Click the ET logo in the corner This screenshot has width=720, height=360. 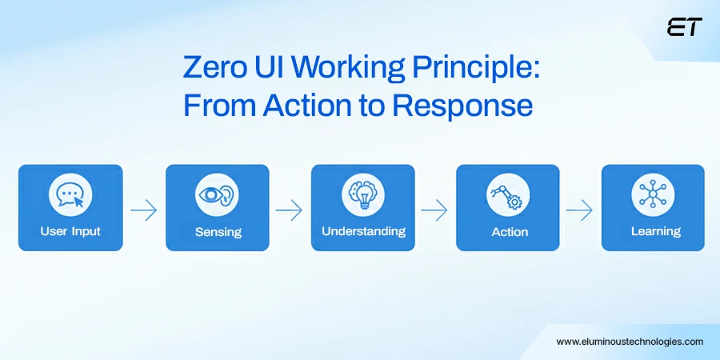pyautogui.click(x=684, y=27)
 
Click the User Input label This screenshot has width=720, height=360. pyautogui.click(x=70, y=232)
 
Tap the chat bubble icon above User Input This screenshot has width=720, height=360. pyautogui.click(x=70, y=196)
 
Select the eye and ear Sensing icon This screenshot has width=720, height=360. pyautogui.click(x=218, y=196)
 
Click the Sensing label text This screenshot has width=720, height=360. pyautogui.click(x=218, y=233)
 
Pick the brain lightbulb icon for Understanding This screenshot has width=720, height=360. pyautogui.click(x=363, y=195)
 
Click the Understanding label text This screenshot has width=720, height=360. pyautogui.click(x=363, y=231)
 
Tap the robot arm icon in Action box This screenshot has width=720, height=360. pyautogui.click(x=509, y=196)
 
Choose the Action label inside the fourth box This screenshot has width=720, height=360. pyautogui.click(x=509, y=232)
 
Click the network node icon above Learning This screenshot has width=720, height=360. pyautogui.click(x=653, y=195)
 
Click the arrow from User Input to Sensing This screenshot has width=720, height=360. pyautogui.click(x=144, y=210)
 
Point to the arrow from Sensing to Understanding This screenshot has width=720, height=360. pyautogui.click(x=290, y=210)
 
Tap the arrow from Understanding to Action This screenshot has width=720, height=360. pyautogui.click(x=434, y=210)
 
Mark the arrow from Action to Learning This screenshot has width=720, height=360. pyautogui.click(x=579, y=210)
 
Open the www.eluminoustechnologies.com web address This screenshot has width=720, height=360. pyautogui.click(x=630, y=341)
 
